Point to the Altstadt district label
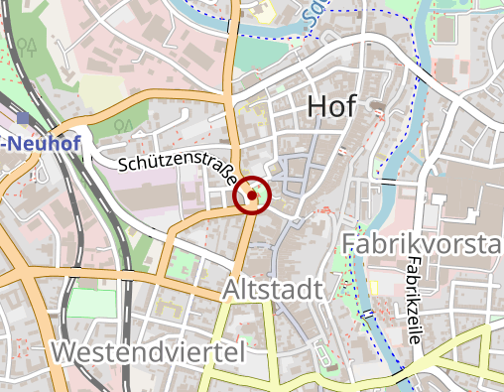273,291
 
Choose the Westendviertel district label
148,351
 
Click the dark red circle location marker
253,196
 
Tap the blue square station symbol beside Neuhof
23,118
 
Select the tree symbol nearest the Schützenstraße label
121,126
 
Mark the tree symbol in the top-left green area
30,46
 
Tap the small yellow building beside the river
266,12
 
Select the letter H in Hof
317,105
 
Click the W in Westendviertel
66,351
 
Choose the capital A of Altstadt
232,291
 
